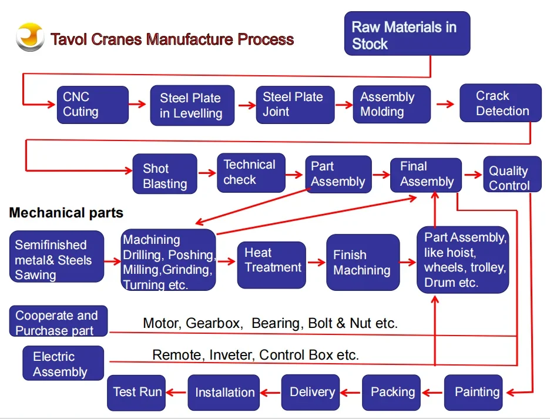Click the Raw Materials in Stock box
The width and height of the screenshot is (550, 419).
click(407, 34)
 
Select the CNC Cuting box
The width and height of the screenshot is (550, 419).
click(92, 105)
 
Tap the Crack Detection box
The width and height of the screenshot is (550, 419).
click(500, 103)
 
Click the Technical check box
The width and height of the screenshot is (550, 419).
click(251, 172)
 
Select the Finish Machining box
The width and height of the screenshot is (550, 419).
click(363, 262)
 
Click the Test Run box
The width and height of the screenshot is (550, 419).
click(136, 392)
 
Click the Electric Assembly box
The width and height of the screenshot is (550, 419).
click(63, 364)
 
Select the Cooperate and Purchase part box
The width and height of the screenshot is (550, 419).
click(59, 322)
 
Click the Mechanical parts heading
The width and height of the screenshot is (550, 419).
click(66, 213)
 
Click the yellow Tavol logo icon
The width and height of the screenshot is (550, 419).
click(30, 38)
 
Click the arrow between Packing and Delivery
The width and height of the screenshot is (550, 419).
click(351, 393)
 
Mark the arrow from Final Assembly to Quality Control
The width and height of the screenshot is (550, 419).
click(472, 175)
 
